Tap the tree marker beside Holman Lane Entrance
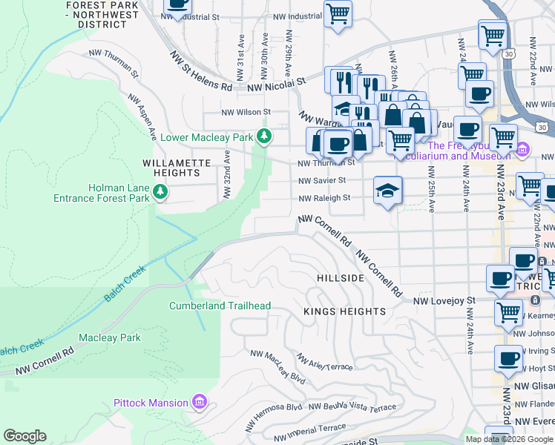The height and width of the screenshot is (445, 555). click(x=160, y=192)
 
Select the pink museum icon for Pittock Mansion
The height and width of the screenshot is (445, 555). click(x=198, y=403)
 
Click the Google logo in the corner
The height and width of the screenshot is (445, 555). click(x=24, y=436)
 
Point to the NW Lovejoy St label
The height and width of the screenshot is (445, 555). click(x=443, y=300)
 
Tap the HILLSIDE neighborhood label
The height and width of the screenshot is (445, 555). click(x=341, y=277)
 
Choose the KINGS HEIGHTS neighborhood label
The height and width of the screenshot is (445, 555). click(x=344, y=311)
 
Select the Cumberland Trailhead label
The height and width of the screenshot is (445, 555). click(x=220, y=306)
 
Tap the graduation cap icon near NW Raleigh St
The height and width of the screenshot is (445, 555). click(x=387, y=190)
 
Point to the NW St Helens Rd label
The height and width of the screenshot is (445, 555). click(x=200, y=71)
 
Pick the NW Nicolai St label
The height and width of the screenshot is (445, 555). click(x=277, y=85)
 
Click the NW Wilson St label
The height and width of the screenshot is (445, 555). click(x=246, y=113)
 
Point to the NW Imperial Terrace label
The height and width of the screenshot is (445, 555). click(x=317, y=428)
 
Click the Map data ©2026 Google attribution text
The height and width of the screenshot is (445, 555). click(x=508, y=438)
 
